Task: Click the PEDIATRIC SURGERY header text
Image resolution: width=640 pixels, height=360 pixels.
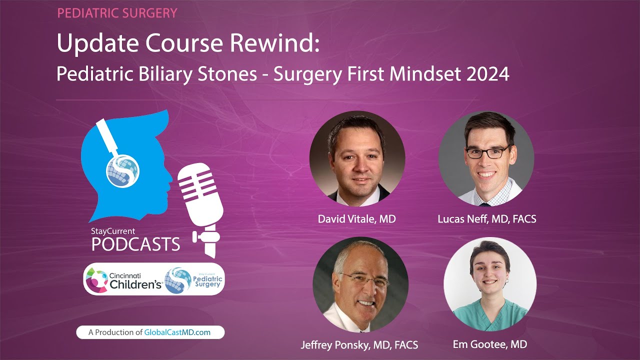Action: pyautogui.click(x=117, y=13)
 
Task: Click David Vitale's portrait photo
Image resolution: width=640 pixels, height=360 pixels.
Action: pyautogui.click(x=357, y=159)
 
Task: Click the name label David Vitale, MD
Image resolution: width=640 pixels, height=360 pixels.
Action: pyautogui.click(x=357, y=219)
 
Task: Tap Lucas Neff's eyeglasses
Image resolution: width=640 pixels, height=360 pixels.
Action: pyautogui.click(x=487, y=151)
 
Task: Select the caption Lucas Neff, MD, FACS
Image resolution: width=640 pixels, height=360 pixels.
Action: pyautogui.click(x=486, y=219)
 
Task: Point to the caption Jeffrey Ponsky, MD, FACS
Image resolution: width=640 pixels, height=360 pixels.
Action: pyautogui.click(x=359, y=345)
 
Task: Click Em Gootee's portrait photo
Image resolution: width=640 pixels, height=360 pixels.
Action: pyautogui.click(x=489, y=284)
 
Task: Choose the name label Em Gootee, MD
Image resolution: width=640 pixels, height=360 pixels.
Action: pyautogui.click(x=489, y=344)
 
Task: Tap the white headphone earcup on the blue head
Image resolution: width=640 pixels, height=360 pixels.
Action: pyautogui.click(x=123, y=169)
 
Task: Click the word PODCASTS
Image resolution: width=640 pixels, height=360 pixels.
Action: pyautogui.click(x=135, y=244)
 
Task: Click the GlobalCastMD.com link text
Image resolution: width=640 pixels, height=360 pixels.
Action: pyautogui.click(x=177, y=332)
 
